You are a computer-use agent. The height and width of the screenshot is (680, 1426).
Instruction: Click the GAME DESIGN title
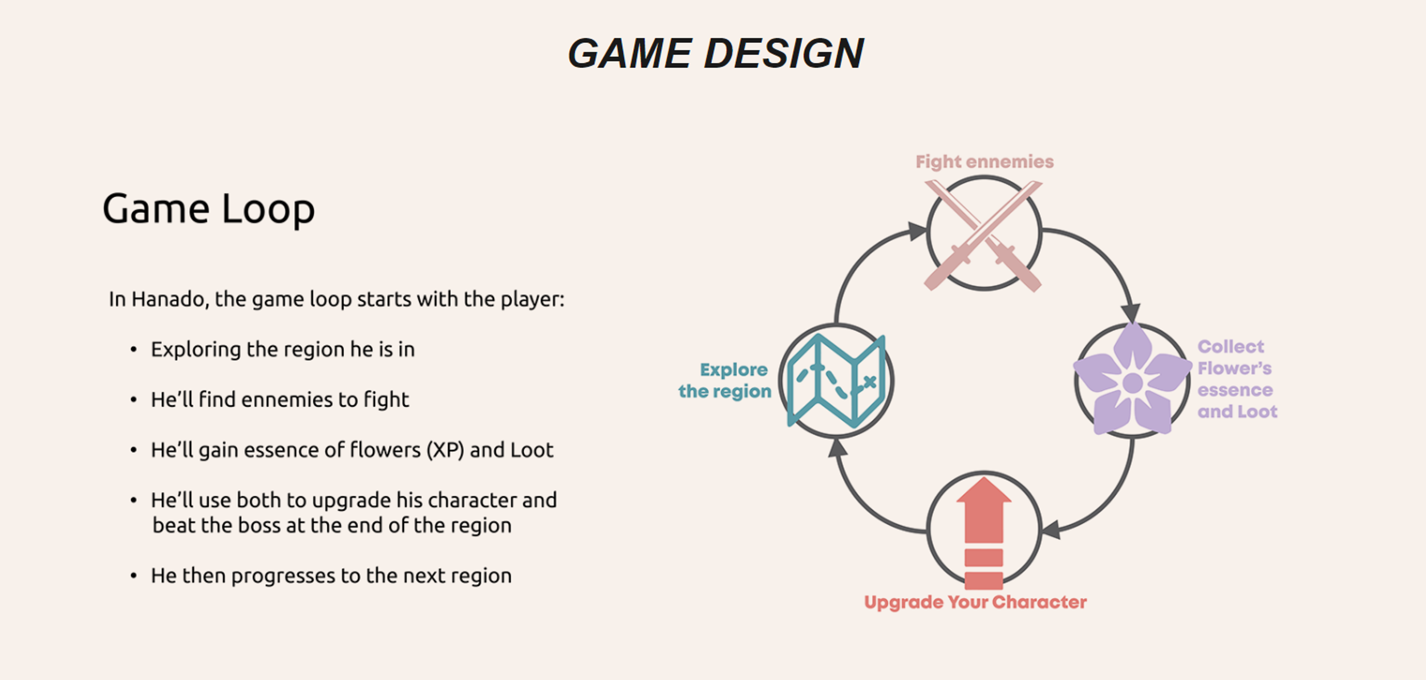pos(716,54)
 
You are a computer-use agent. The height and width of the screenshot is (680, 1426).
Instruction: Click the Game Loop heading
pos(208,209)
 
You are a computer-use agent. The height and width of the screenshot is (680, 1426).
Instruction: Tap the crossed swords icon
pos(983,234)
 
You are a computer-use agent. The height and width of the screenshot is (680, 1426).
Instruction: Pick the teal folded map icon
pos(836,381)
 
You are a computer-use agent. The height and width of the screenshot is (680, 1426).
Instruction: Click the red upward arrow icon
pos(984,531)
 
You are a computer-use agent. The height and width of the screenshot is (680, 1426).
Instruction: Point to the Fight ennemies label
pos(985,162)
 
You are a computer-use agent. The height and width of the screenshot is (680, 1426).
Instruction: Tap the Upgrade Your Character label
pos(975,602)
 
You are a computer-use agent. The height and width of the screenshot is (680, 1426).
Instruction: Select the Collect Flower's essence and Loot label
pos(1237,379)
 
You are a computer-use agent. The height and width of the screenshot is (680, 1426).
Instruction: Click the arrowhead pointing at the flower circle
pos(1131,313)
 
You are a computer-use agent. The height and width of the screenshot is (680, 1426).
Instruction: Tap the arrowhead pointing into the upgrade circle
pos(1051,529)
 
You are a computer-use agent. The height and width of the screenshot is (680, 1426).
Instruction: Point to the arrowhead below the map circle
pos(837,449)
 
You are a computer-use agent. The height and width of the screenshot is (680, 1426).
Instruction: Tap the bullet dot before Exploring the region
pos(133,350)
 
